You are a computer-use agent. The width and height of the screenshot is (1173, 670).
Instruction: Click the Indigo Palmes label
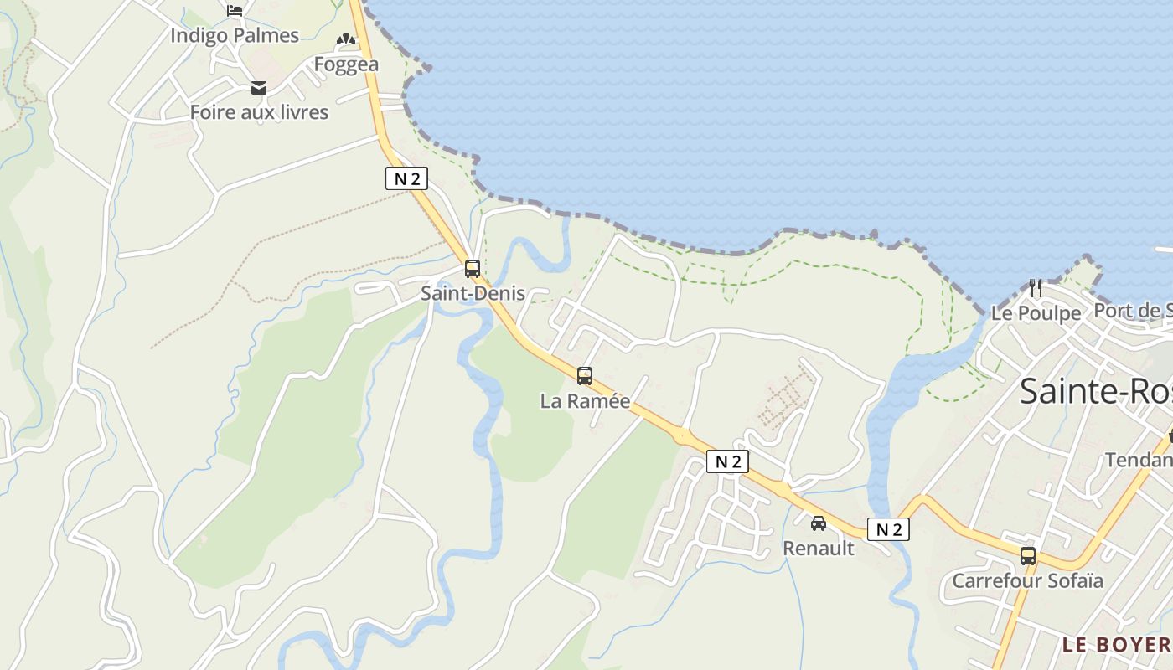235,35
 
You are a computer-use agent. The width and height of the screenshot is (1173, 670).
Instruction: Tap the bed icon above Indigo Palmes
235,10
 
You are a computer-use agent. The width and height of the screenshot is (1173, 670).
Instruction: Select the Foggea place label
346,64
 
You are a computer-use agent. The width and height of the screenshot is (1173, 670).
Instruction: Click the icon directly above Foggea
346,39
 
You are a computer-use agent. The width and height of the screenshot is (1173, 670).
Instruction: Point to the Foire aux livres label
259,112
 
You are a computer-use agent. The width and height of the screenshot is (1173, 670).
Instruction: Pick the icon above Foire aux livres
259,87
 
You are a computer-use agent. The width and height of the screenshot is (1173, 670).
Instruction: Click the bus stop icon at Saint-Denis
473,269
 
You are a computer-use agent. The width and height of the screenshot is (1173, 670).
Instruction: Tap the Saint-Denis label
473,293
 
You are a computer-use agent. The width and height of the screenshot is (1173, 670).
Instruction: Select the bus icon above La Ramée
585,376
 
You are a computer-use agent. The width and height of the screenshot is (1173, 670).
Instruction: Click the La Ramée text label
585,401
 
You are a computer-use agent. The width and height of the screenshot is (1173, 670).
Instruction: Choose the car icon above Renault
819,523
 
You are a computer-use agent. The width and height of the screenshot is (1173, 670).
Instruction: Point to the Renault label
819,549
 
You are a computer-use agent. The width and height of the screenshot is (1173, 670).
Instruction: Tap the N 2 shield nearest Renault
888,529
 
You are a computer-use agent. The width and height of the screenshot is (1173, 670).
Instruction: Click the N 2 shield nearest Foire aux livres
407,178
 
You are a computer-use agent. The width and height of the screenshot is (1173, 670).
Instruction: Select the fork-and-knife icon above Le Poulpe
1036,288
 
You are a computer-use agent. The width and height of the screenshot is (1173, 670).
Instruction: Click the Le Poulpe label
1036,313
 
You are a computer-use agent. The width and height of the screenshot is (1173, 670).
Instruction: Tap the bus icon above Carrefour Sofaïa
1028,555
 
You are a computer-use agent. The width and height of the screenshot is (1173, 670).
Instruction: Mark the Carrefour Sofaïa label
1028,580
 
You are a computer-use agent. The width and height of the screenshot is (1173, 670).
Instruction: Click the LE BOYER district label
1116,645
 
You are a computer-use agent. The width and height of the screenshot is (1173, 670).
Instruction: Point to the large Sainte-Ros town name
1096,392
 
